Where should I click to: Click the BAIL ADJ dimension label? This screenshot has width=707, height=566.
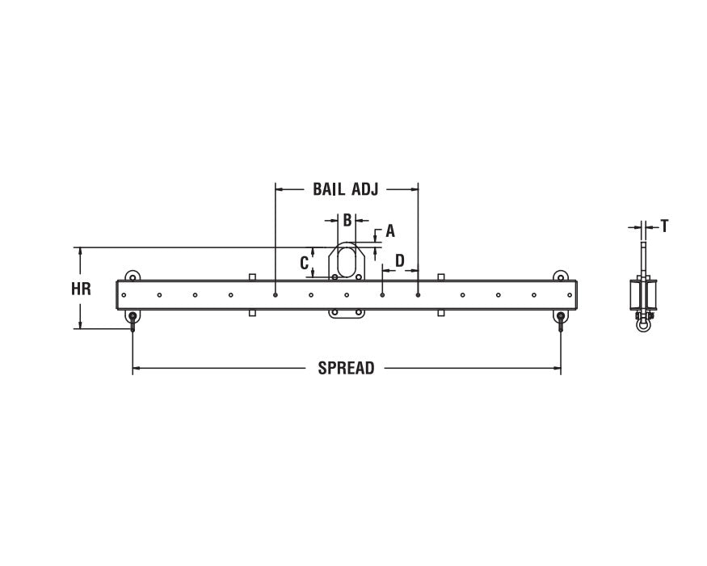(x=346, y=189)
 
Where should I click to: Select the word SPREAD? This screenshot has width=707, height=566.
(x=346, y=369)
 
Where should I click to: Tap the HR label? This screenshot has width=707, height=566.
(x=81, y=289)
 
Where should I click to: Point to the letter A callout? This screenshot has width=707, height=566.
(x=390, y=231)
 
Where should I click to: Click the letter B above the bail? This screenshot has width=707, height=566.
(x=347, y=220)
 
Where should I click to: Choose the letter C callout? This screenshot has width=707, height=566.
(x=305, y=263)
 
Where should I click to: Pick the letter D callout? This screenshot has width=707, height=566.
(x=399, y=260)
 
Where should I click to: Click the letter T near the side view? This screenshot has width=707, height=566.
(x=664, y=226)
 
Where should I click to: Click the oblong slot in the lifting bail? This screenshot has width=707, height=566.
(x=346, y=262)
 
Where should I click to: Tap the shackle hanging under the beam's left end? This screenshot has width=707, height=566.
(x=133, y=319)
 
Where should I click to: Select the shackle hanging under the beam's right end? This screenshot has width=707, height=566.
(x=560, y=319)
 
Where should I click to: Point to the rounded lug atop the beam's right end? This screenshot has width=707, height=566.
(x=560, y=276)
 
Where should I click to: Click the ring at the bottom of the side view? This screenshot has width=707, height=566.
(x=643, y=326)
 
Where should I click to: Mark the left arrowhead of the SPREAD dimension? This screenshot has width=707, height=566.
(x=137, y=369)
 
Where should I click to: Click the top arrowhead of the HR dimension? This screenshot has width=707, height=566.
(x=80, y=251)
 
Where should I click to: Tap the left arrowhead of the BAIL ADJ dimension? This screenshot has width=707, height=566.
(x=280, y=189)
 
